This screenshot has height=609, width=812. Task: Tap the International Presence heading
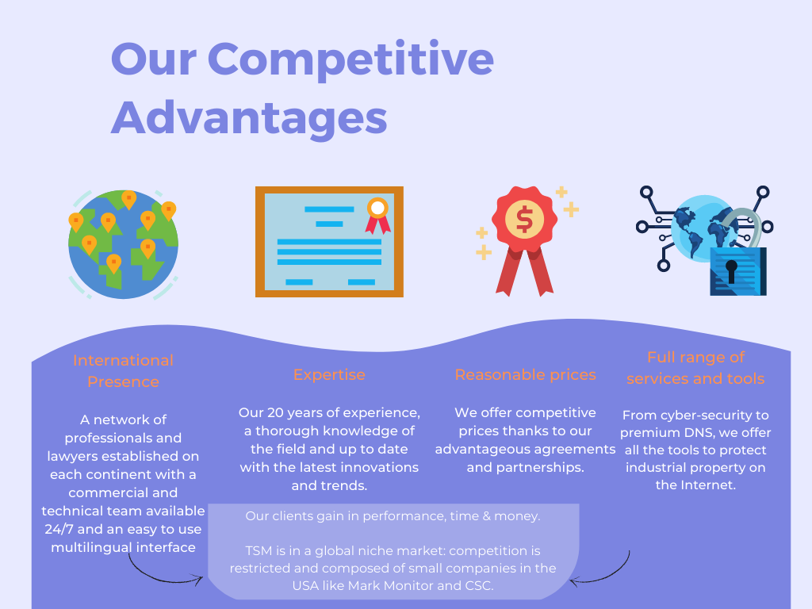(x=123, y=371)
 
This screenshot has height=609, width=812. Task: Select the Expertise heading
(x=329, y=374)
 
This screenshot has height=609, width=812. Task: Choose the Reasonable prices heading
(x=525, y=374)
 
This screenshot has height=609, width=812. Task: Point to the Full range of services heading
(x=695, y=368)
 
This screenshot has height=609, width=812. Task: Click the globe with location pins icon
(x=123, y=244)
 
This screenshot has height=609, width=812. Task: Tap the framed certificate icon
(x=329, y=242)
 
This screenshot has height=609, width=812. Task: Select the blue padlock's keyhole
(x=731, y=271)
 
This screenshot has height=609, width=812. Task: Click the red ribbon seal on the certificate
(x=378, y=215)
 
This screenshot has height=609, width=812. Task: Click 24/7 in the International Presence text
(x=59, y=529)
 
